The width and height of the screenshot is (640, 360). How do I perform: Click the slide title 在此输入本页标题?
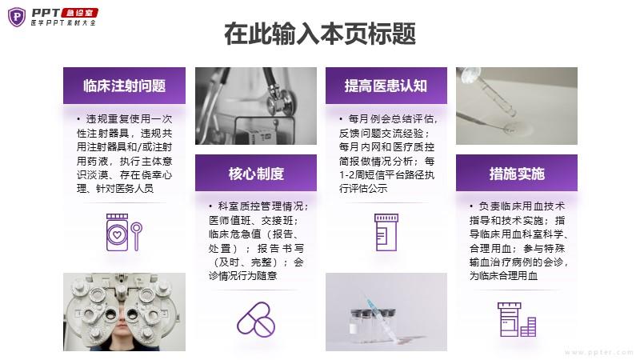[x=320, y=34]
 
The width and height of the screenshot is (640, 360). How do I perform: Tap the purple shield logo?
[x=17, y=17]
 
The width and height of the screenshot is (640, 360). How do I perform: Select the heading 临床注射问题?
[x=124, y=86]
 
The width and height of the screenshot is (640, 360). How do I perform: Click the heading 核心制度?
[x=256, y=174]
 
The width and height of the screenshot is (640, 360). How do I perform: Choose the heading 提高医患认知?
[x=386, y=86]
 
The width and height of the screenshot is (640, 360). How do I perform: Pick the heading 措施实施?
[x=517, y=174]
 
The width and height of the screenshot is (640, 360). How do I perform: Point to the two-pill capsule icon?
[x=256, y=319]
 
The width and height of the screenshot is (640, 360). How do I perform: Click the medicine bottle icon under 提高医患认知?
[x=386, y=232]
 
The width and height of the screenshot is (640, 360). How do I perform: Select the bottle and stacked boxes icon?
[x=517, y=319]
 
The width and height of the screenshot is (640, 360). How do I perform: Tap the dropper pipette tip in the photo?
[x=511, y=115]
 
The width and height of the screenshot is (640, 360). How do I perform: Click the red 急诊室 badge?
[x=79, y=13]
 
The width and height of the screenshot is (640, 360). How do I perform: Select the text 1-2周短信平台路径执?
[x=386, y=174]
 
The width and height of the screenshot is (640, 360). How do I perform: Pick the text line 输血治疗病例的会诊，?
[x=518, y=262]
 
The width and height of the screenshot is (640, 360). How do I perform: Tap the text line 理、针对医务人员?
[x=115, y=188]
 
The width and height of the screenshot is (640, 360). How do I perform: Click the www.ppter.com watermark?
[x=599, y=352]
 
